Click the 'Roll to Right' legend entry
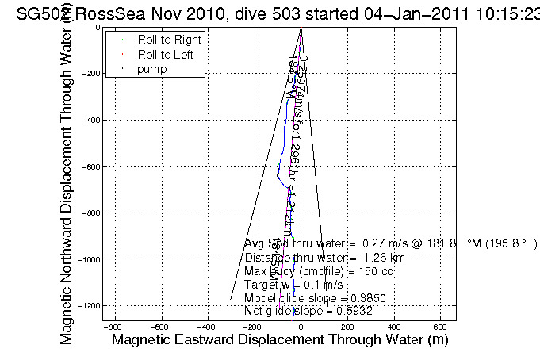[169, 40]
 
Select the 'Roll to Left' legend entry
[166, 55]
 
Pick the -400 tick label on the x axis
[207, 327]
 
